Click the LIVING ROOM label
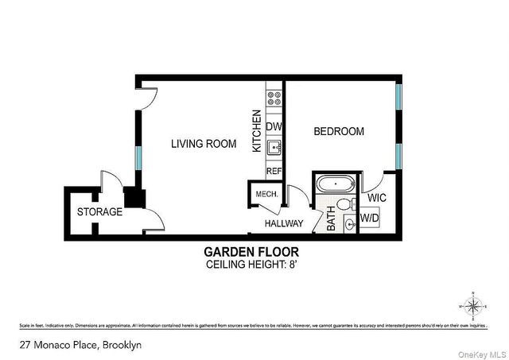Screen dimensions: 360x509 (204, 144)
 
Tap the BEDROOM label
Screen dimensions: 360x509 (339, 131)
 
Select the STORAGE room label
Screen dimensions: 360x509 (99, 212)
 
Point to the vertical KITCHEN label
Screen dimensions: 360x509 (257, 132)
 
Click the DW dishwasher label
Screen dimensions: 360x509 (274, 127)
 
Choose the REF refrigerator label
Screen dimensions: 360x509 (274, 171)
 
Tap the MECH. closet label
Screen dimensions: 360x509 (265, 195)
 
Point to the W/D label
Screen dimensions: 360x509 (370, 217)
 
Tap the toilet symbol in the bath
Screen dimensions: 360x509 (345, 205)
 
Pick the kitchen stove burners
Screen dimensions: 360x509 (274, 98)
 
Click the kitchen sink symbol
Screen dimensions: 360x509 (274, 147)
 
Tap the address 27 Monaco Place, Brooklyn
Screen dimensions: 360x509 (70, 346)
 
